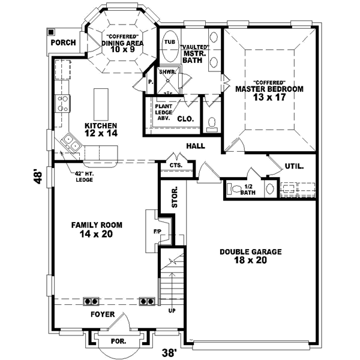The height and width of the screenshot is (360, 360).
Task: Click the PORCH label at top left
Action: pyautogui.click(x=63, y=43)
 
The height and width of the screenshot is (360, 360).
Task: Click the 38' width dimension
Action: pyautogui.click(x=169, y=353)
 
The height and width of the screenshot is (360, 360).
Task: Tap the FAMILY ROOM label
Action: pyautogui.click(x=97, y=229)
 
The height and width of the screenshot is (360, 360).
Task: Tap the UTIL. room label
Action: pyautogui.click(x=294, y=166)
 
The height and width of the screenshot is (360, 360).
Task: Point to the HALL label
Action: pyautogui.click(x=196, y=146)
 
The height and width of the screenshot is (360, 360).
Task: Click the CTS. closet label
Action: pyautogui.click(x=176, y=166)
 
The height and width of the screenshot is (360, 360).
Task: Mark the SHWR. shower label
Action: pyautogui.click(x=167, y=71)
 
